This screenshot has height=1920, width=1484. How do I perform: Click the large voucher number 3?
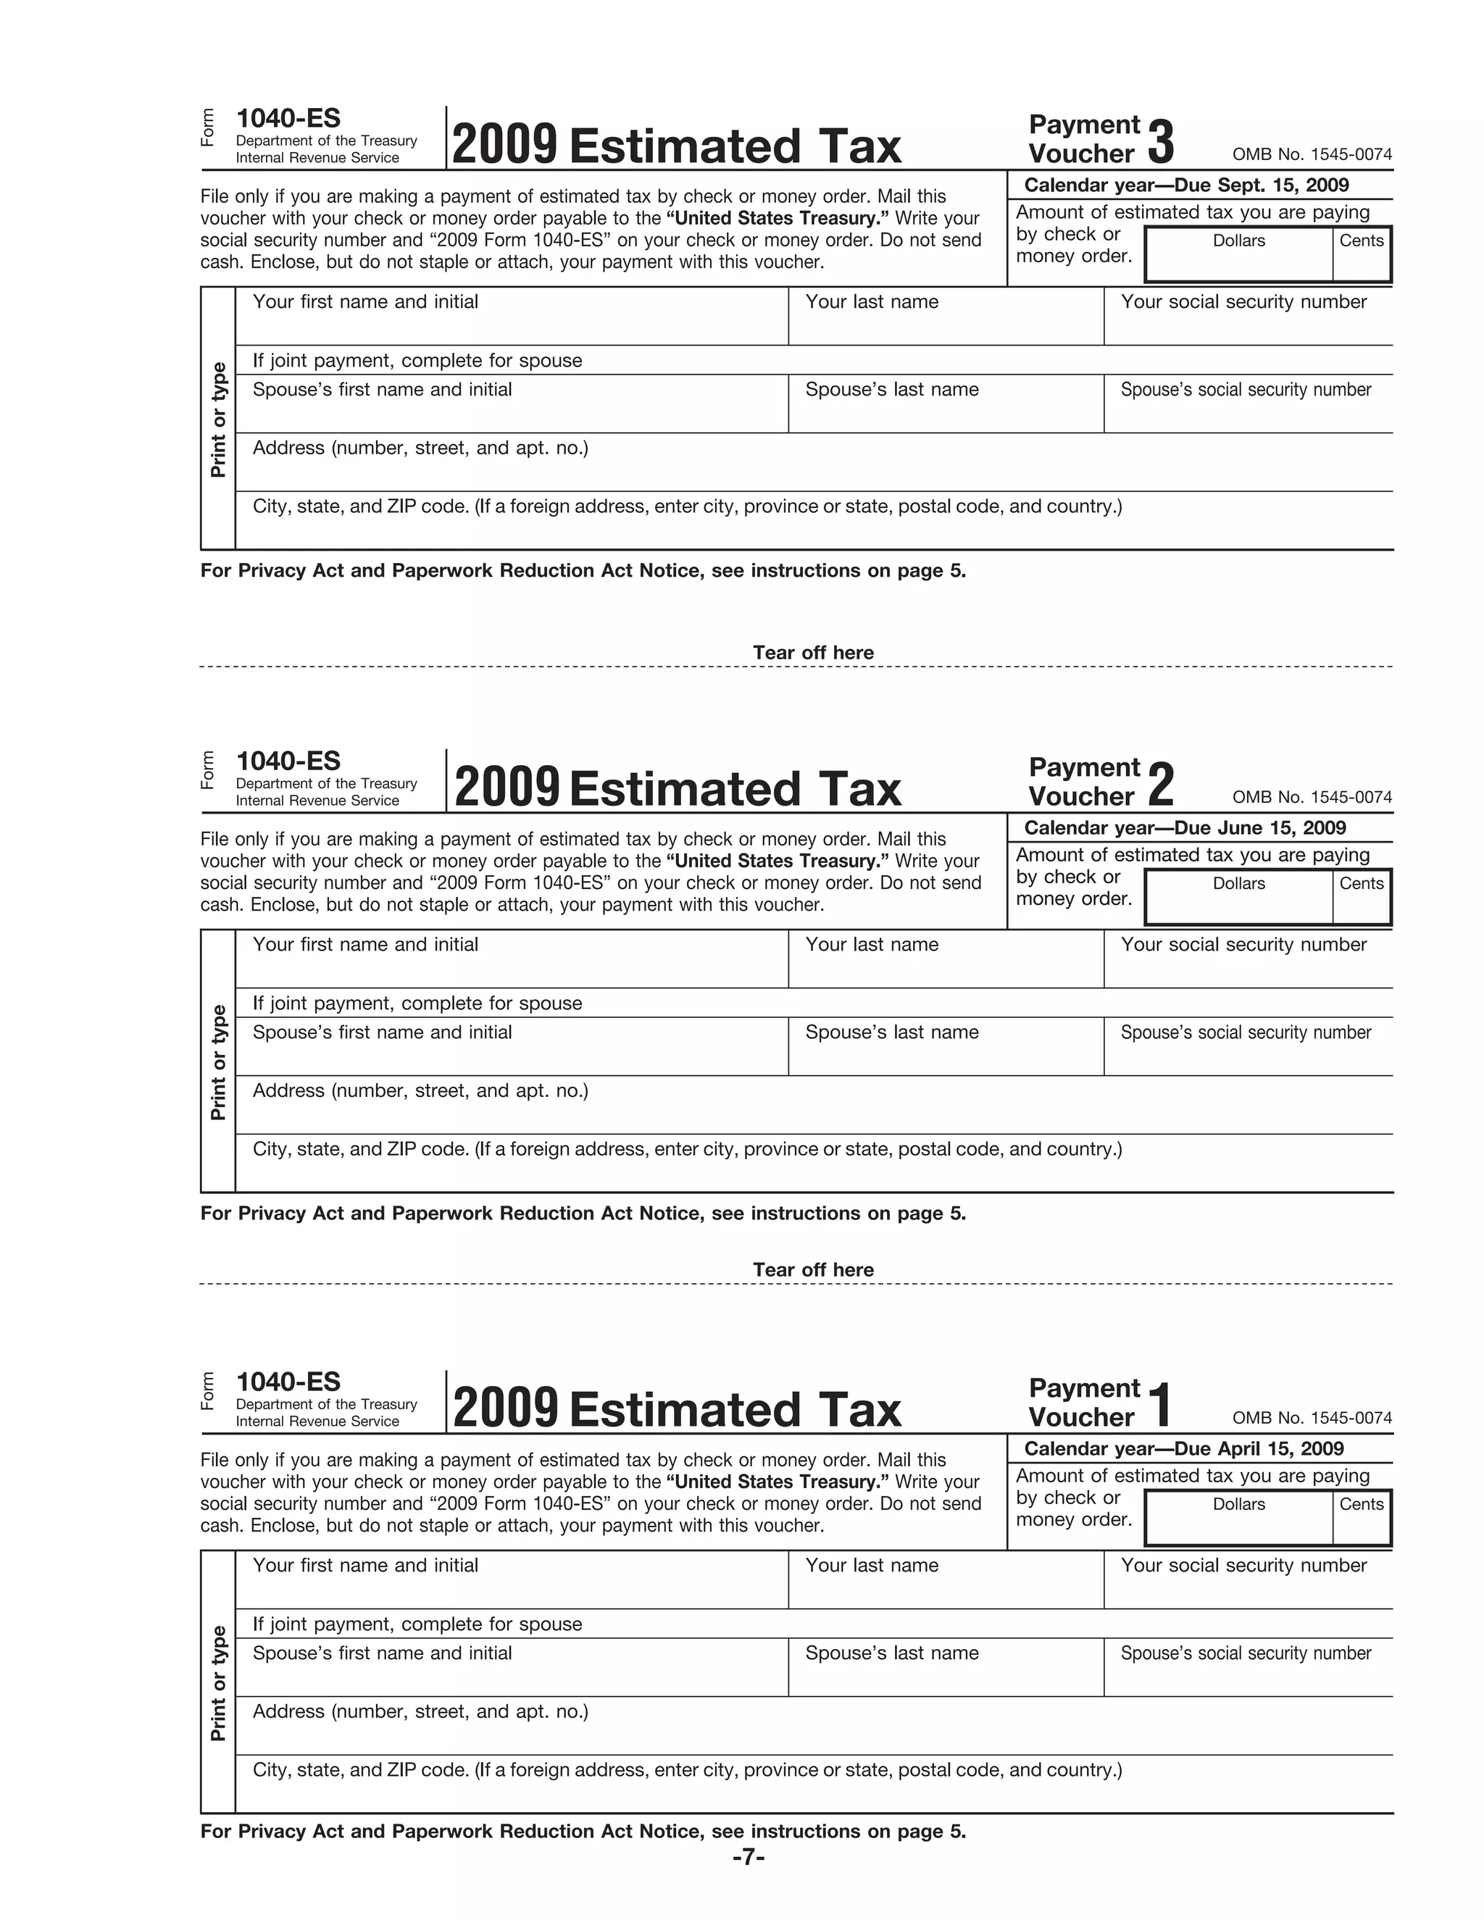tap(1161, 143)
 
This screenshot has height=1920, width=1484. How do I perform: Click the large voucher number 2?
tap(1161, 785)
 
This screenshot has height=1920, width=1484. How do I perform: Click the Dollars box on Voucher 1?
tap(1238, 1524)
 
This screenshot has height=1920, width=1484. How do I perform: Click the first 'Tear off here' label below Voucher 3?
tap(813, 652)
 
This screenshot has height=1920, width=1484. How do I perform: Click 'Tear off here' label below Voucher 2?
tap(813, 1269)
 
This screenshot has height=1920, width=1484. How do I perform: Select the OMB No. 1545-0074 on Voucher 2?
tap(1312, 798)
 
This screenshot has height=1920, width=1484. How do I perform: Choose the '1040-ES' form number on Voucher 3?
tap(288, 119)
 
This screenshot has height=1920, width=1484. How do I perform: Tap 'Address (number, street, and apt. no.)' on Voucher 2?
tap(420, 1091)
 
